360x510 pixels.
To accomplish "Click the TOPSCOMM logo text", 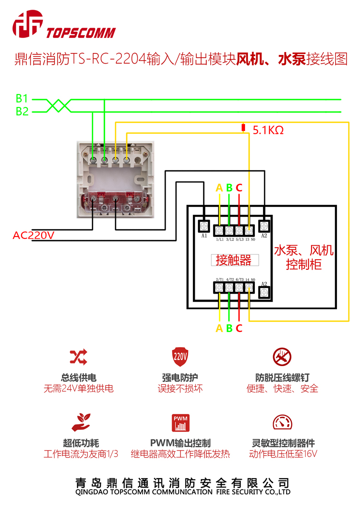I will click(x=81, y=33).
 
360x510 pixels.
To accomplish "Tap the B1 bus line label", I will click(x=22, y=99).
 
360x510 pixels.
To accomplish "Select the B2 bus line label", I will click(x=22, y=112).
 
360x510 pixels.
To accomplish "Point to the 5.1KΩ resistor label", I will click(x=268, y=130).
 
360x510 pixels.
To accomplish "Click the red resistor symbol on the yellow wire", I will click(x=244, y=128).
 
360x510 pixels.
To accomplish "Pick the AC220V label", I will click(x=33, y=236).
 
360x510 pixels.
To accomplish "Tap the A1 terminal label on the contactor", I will click(x=204, y=236).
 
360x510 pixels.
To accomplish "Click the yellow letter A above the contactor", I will click(x=219, y=188).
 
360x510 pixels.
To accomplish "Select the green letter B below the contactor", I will click(x=229, y=329).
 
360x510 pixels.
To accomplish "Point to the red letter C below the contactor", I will click(x=239, y=329).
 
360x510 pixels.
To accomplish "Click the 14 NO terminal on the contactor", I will click(x=249, y=288).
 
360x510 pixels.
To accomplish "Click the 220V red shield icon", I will click(x=180, y=357).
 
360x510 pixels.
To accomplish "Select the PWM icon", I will click(x=180, y=422).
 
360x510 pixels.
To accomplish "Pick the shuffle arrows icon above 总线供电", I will click(x=78, y=357).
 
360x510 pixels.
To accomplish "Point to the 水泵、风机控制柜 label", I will click(x=303, y=258).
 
